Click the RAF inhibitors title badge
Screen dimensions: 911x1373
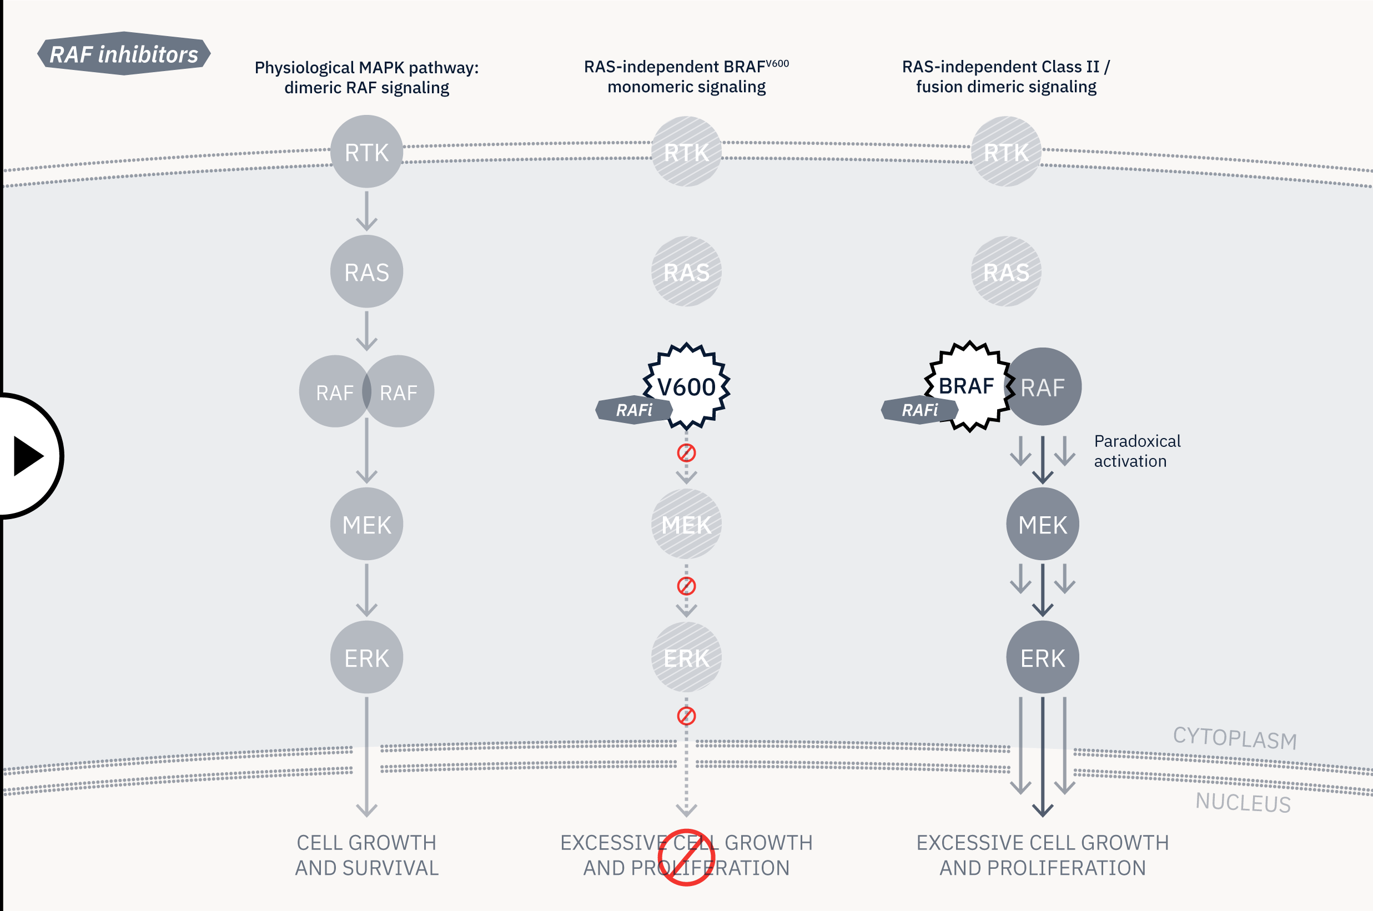point(124,53)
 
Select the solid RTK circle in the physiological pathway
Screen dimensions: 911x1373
point(366,152)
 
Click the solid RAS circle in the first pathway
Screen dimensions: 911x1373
point(366,271)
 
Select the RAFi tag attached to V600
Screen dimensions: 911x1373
point(634,410)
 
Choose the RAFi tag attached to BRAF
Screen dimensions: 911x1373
point(919,410)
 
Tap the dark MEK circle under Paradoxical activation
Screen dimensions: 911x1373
point(1043,524)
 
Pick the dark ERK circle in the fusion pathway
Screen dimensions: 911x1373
point(1043,657)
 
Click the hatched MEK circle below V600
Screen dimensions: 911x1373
point(686,524)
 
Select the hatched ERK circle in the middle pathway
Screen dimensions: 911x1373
point(686,657)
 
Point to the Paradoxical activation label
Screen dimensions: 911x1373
point(1136,451)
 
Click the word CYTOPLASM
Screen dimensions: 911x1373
point(1235,738)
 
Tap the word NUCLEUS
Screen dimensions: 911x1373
point(1243,802)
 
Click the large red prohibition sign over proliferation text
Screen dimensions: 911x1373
point(686,857)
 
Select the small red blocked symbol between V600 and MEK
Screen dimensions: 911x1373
point(686,452)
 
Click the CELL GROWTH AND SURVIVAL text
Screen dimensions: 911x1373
point(366,855)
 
